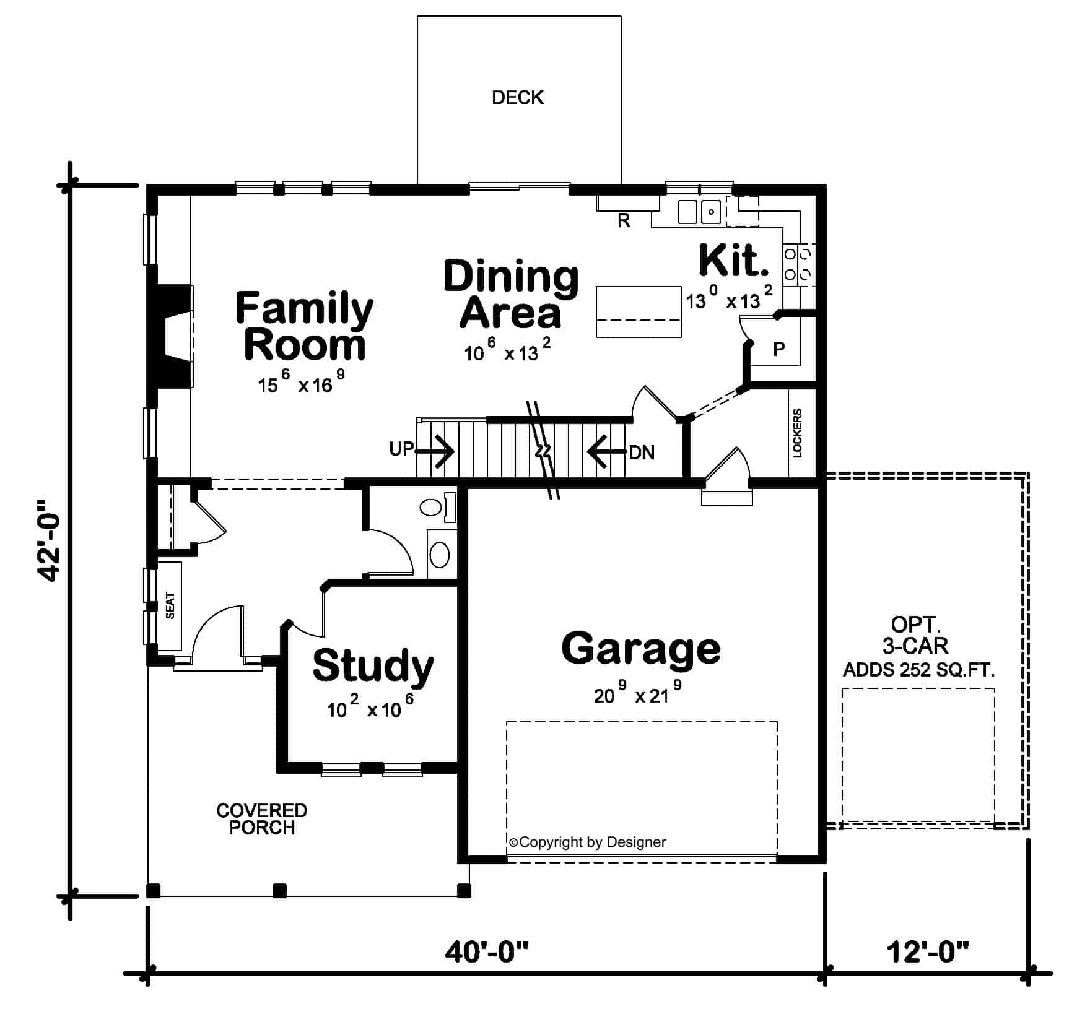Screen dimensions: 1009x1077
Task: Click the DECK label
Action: pyautogui.click(x=517, y=98)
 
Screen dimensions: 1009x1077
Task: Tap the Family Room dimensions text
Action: pyautogui.click(x=301, y=384)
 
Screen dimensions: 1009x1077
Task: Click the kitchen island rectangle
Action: pyautogui.click(x=639, y=311)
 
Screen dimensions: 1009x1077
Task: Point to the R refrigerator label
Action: pyautogui.click(x=624, y=220)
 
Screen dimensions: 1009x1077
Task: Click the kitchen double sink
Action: pyautogui.click(x=699, y=212)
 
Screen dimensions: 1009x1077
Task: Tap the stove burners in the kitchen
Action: pyautogui.click(x=798, y=263)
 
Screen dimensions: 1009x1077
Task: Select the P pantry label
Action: pyautogui.click(x=778, y=349)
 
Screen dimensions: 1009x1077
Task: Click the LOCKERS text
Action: pyautogui.click(x=797, y=433)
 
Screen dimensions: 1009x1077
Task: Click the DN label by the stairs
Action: pyautogui.click(x=642, y=453)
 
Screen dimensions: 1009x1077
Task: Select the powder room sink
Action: pyautogui.click(x=440, y=555)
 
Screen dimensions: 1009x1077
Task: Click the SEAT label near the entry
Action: pyautogui.click(x=170, y=605)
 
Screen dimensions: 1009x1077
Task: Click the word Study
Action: pyautogui.click(x=373, y=665)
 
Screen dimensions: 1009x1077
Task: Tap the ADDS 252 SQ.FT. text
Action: pyautogui.click(x=918, y=670)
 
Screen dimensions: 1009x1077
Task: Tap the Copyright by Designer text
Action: pyautogui.click(x=587, y=842)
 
